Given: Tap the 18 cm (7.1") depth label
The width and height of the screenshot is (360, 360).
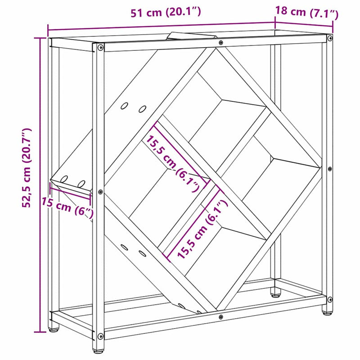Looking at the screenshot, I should click(306, 13).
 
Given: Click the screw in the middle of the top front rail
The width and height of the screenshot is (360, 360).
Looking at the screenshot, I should click(220, 43).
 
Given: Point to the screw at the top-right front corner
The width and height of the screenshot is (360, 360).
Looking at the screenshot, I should click(330, 37).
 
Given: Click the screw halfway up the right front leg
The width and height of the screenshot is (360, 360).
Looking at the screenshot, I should click(330, 169).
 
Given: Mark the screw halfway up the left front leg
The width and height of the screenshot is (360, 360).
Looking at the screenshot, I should click(100, 192).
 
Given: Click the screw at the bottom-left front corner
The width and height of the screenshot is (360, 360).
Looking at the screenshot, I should click(100, 336).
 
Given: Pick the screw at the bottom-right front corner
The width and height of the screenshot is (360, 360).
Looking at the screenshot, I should click(330, 299).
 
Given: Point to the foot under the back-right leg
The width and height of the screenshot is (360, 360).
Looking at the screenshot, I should click(275, 294).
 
